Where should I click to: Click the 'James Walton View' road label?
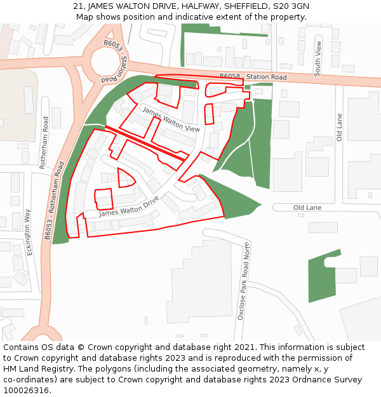[171, 119]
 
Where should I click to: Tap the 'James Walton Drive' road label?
[129, 206]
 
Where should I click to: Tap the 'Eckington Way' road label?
[29, 232]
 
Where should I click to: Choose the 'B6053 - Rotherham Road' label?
[55, 200]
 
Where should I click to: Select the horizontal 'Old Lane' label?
[307, 208]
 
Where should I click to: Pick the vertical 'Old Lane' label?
[340, 127]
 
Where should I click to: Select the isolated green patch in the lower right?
[321, 273]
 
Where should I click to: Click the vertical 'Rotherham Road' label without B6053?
[44, 142]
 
